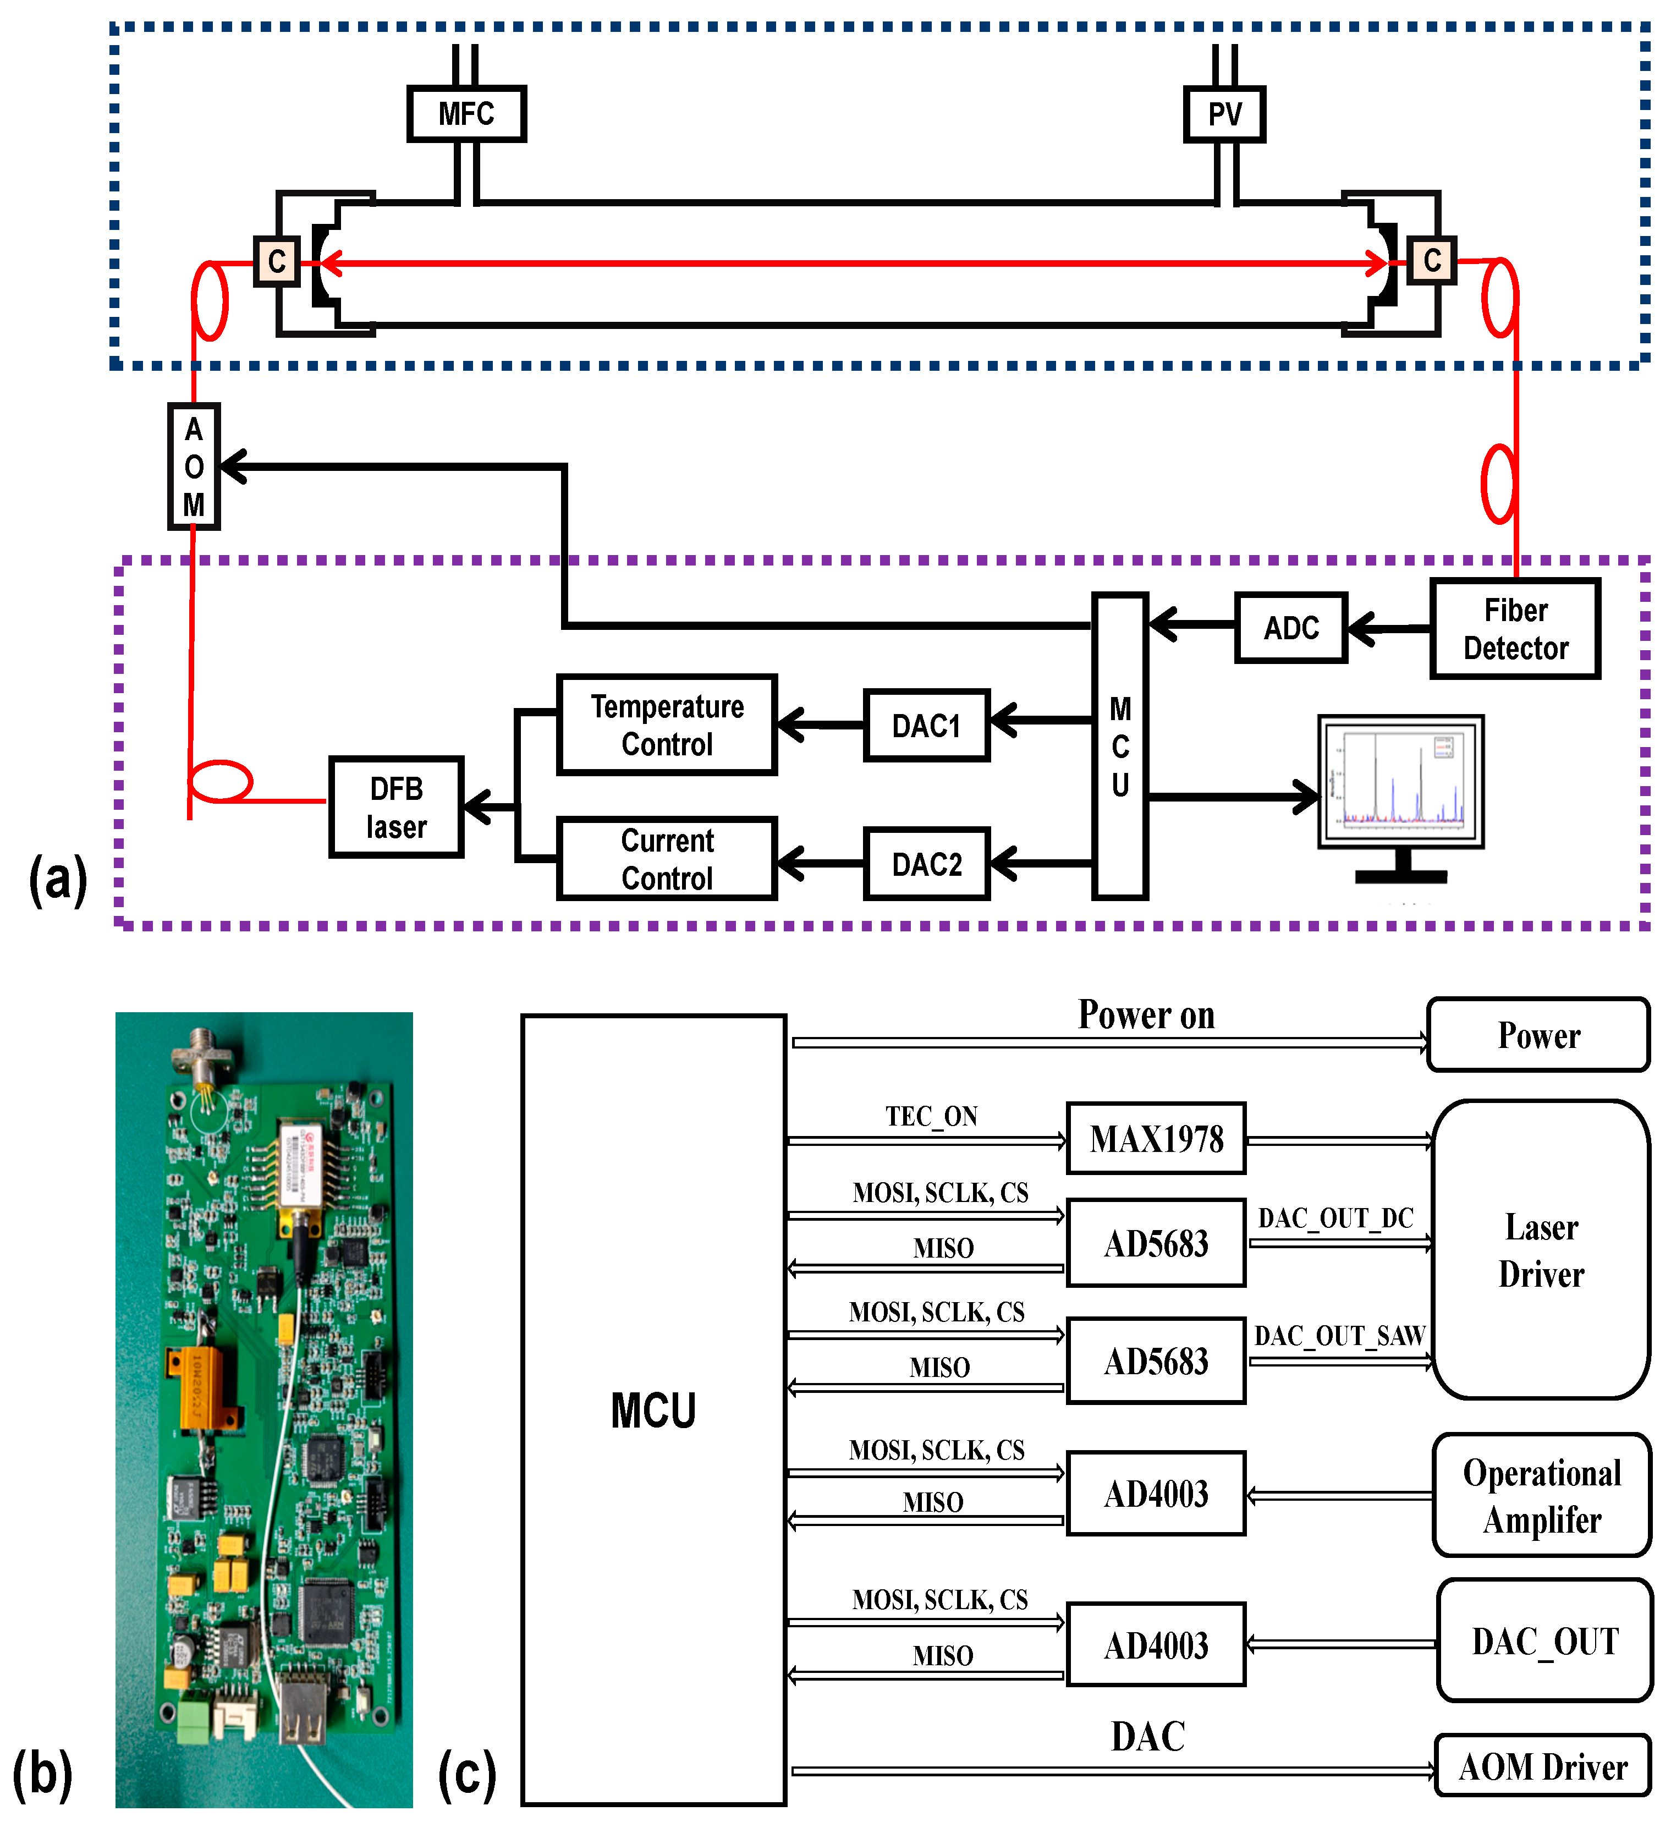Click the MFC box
tap(466, 114)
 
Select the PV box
tap(1224, 114)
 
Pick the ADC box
tap(1291, 628)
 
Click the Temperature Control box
tap(667, 725)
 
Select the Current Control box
tap(667, 859)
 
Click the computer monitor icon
tap(1400, 783)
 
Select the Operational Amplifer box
tap(1542, 1496)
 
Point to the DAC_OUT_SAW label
tap(1339, 1336)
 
